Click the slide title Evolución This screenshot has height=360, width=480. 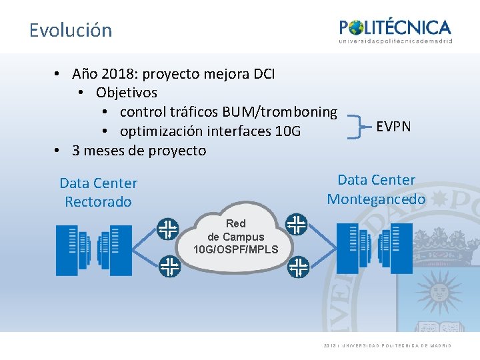pyautogui.click(x=71, y=30)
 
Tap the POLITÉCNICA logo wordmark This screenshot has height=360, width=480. pyautogui.click(x=395, y=27)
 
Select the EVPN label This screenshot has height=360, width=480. pyautogui.click(x=393, y=126)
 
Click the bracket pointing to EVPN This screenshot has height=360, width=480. pyautogui.click(x=358, y=125)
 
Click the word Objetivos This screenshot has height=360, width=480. pyautogui.click(x=127, y=92)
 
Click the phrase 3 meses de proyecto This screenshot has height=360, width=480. pyautogui.click(x=139, y=150)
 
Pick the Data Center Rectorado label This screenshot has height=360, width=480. pyautogui.click(x=98, y=192)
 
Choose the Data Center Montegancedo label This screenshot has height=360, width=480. pyautogui.click(x=376, y=189)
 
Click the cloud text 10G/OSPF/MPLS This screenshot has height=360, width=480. pyautogui.click(x=235, y=249)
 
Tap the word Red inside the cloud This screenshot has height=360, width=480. pyautogui.click(x=235, y=224)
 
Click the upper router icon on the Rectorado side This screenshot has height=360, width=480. pyautogui.click(x=168, y=229)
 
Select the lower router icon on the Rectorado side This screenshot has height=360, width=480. pyautogui.click(x=169, y=267)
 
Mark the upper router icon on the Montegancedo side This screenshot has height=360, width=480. pyautogui.click(x=296, y=224)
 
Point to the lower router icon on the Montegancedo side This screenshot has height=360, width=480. pyautogui.click(x=298, y=268)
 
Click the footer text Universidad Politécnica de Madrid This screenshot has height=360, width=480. pyautogui.click(x=397, y=345)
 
